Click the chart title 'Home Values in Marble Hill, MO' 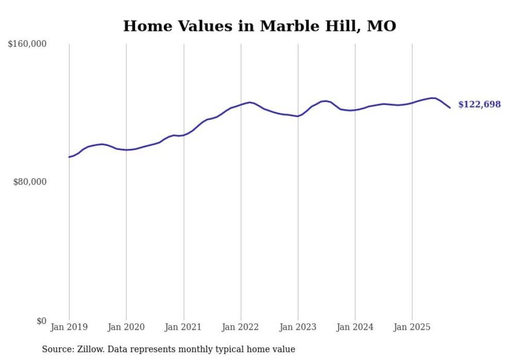[259, 26]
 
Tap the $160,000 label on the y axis [27, 44]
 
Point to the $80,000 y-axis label [29, 182]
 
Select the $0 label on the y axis [41, 321]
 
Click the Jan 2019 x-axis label [69, 327]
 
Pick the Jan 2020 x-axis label [126, 327]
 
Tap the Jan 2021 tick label [183, 327]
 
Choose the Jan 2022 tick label [241, 327]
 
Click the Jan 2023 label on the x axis [298, 327]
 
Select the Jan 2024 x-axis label [355, 327]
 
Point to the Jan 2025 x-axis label [412, 327]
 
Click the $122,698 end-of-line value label [479, 105]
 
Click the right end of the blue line [450, 108]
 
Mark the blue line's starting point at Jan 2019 [69, 157]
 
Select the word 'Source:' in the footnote [57, 349]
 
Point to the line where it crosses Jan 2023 [298, 116]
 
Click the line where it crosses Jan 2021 [183, 135]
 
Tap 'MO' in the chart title [381, 26]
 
